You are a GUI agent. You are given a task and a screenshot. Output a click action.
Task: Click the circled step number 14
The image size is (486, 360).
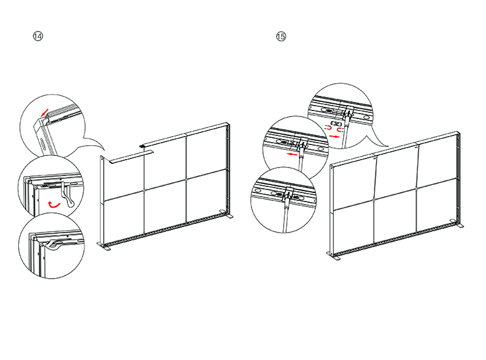click(x=38, y=36)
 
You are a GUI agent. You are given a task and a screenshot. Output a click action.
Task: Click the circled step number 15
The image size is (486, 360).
click(x=281, y=36)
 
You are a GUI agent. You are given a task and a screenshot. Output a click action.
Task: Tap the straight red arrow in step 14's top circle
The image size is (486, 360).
click(x=45, y=112)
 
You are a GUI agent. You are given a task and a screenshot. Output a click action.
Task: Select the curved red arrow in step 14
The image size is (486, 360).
click(x=54, y=204)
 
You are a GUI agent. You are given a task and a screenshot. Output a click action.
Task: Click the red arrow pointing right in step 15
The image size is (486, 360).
click(x=335, y=136)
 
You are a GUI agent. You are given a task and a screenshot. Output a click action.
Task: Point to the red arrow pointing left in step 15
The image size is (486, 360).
click(x=292, y=154)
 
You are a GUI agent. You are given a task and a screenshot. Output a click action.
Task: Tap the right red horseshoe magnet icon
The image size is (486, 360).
click(x=340, y=130)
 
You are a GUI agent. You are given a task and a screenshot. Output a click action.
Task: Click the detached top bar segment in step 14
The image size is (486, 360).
click(x=131, y=156)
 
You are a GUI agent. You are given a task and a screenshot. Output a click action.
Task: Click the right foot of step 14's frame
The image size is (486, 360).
click(x=226, y=214)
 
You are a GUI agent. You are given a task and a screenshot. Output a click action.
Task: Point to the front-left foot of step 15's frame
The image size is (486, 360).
click(x=333, y=256)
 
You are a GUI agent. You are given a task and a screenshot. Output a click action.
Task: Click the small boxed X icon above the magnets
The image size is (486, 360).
click(x=337, y=124)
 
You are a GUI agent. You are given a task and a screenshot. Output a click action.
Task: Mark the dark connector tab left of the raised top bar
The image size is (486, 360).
click(x=142, y=146)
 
